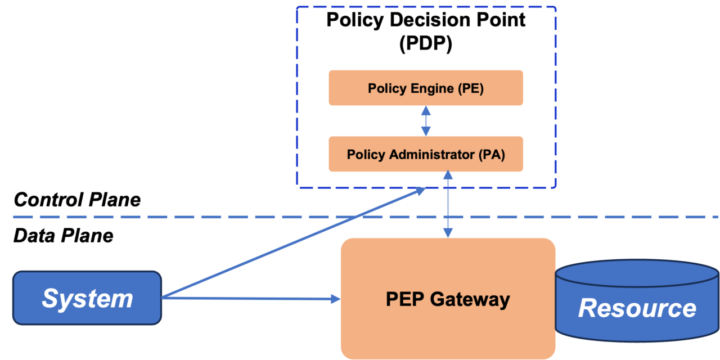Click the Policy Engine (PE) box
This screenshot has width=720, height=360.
pyautogui.click(x=426, y=88)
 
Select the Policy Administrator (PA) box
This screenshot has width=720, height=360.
pyautogui.click(x=426, y=154)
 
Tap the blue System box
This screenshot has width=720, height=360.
pyautogui.click(x=87, y=298)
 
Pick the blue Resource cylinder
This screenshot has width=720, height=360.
pyautogui.click(x=637, y=308)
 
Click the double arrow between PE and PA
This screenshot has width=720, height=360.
pyautogui.click(x=426, y=121)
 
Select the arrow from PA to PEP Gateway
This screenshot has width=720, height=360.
pyautogui.click(x=448, y=204)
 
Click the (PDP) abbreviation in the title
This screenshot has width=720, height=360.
pyautogui.click(x=426, y=44)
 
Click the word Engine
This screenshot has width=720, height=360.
pyautogui.click(x=433, y=88)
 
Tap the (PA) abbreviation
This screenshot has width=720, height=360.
pyautogui.click(x=492, y=155)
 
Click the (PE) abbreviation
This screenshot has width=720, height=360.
pyautogui.click(x=471, y=88)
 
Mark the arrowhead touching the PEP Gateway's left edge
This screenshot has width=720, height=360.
pyautogui.click(x=336, y=299)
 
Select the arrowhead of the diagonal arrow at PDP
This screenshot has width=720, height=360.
pyautogui.click(x=420, y=192)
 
